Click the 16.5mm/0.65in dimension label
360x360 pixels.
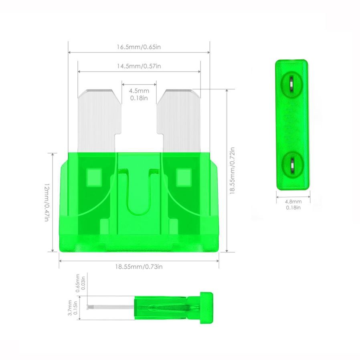point(139,47)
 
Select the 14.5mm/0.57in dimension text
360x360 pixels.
point(139,66)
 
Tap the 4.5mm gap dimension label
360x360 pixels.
point(139,94)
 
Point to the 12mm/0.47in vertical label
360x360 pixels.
point(47,202)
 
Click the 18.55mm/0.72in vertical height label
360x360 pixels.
point(232,171)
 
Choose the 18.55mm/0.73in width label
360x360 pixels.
point(139,267)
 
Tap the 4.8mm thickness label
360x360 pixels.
point(293,204)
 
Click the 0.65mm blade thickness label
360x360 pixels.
point(80,283)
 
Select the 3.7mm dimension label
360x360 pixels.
point(73,307)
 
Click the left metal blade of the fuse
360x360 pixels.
point(99,121)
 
